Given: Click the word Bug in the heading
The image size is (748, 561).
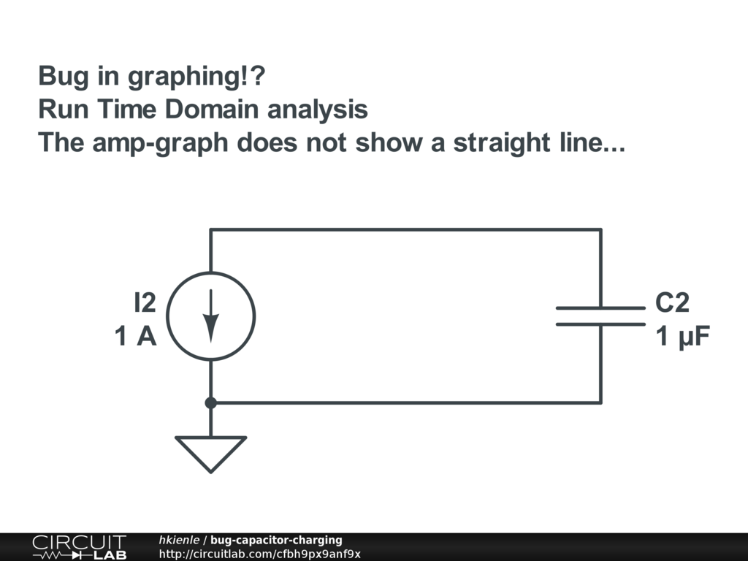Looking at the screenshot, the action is point(63,76).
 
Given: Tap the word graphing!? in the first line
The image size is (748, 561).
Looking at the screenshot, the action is point(196,77).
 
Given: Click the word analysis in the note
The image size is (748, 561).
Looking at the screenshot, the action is point(317,110).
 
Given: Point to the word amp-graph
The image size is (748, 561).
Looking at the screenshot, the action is point(160,142).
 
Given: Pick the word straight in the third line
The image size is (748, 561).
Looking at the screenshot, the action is point(501,142).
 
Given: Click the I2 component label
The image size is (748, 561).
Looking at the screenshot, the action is point(145,302).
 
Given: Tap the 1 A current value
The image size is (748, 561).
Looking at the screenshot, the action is point(135,336).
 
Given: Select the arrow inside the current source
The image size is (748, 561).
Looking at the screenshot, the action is point(211,316).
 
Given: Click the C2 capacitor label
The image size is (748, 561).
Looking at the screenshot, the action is point(672,302).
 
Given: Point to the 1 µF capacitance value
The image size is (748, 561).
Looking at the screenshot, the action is point(683,336).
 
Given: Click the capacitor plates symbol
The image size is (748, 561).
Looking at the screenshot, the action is point(600,316).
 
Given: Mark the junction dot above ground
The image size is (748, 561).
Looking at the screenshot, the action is point(211,403).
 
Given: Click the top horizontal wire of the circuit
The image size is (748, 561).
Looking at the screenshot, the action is point(405,230).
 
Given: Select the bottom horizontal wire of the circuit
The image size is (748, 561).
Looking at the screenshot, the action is point(405,403).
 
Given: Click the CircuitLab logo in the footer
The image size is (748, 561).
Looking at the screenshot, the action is point(80,546).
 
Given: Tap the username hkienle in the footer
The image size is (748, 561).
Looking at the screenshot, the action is point(179,540).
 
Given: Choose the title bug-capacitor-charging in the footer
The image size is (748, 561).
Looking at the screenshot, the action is point(276,540).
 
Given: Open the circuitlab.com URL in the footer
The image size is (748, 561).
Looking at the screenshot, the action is point(259,554).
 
